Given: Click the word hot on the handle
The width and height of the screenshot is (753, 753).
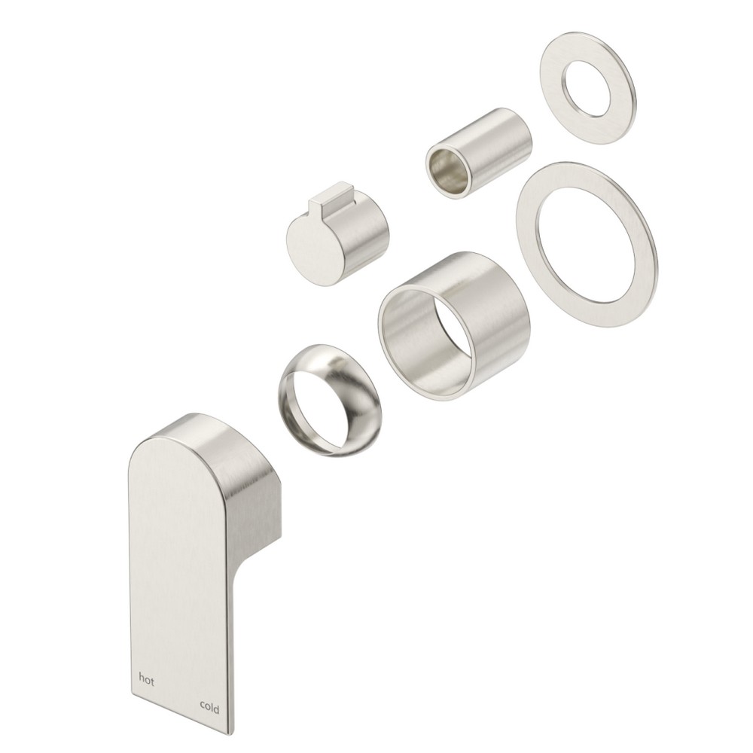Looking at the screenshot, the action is (147, 679).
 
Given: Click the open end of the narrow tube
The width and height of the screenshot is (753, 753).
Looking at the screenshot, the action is (449, 172).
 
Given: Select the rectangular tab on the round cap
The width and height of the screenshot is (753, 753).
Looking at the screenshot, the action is (331, 197).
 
